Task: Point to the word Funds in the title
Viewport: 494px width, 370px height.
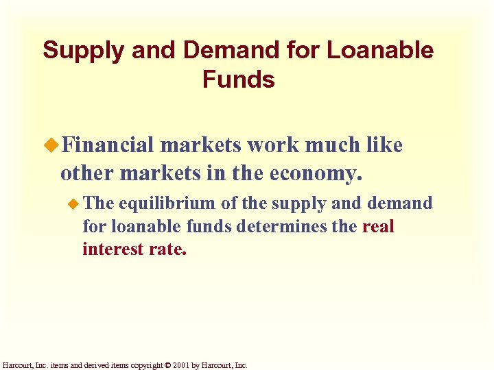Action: point(238,80)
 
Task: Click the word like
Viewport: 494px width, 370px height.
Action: point(384,145)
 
